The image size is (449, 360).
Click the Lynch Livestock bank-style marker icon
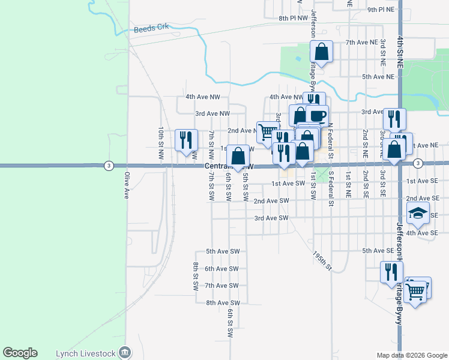click(x=125, y=352)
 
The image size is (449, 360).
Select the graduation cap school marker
click(x=418, y=213)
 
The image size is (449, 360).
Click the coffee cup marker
click(x=318, y=115)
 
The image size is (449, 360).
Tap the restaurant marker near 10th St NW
click(x=185, y=140)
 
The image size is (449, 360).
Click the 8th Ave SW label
click(x=223, y=303)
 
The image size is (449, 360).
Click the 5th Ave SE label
click(x=378, y=250)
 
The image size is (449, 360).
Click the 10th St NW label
click(x=161, y=142)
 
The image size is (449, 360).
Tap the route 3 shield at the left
click(x=108, y=165)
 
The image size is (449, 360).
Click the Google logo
click(x=20, y=353)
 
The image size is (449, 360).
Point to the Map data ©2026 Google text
click(x=411, y=355)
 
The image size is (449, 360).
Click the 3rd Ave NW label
click(x=212, y=113)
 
